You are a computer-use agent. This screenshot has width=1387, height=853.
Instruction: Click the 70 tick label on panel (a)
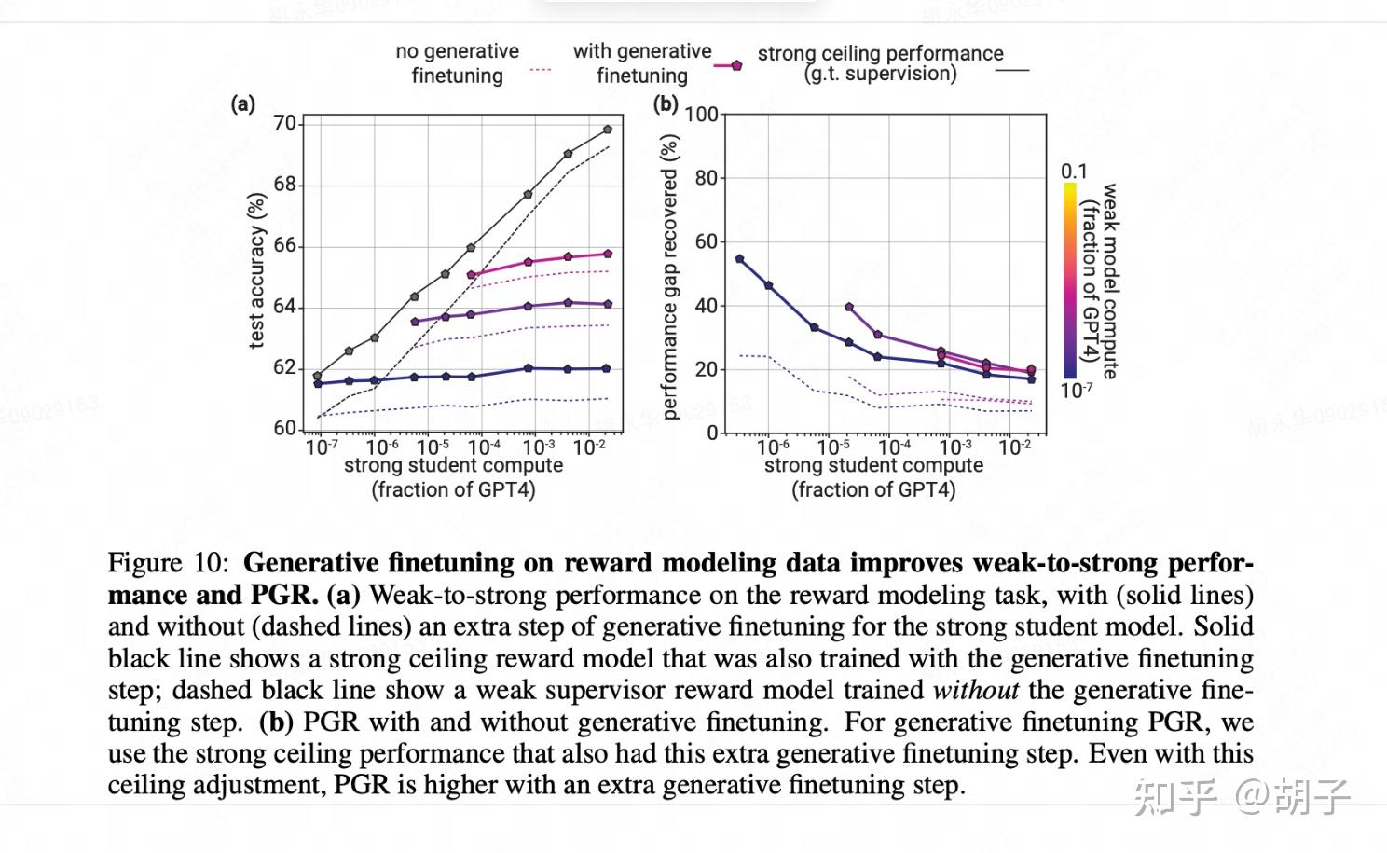[x=284, y=123]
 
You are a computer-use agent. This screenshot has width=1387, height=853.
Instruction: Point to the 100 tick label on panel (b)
[x=701, y=115]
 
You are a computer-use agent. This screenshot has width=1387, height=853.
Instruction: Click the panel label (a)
[x=242, y=104]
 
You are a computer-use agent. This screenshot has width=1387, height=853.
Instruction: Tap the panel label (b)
[x=665, y=103]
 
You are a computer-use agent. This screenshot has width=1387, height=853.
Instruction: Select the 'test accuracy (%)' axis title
[x=257, y=271]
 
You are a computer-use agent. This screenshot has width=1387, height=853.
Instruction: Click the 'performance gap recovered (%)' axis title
[x=669, y=277]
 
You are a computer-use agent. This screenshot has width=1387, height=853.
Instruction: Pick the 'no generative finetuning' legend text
[x=457, y=63]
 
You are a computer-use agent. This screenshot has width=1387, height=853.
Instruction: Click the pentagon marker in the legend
[x=736, y=65]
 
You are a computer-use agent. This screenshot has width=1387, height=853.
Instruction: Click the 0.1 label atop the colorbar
[x=1074, y=172]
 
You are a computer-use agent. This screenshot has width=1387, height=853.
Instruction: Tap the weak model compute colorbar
[x=1070, y=280]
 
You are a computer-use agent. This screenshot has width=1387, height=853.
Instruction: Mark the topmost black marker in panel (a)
[x=608, y=130]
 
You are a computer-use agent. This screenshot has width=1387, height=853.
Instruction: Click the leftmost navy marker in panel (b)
[x=740, y=259]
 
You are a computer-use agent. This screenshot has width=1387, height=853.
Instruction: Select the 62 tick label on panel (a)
[x=284, y=367]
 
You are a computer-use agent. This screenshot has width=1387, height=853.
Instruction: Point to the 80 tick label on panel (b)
[x=707, y=178]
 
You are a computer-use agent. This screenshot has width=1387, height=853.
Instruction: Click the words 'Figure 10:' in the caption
[x=168, y=563]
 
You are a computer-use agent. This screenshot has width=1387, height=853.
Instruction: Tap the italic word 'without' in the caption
[x=975, y=690]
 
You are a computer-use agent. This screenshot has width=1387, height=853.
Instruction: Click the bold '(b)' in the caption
[x=276, y=722]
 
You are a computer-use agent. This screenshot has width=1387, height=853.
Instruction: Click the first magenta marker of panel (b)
[x=849, y=307]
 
